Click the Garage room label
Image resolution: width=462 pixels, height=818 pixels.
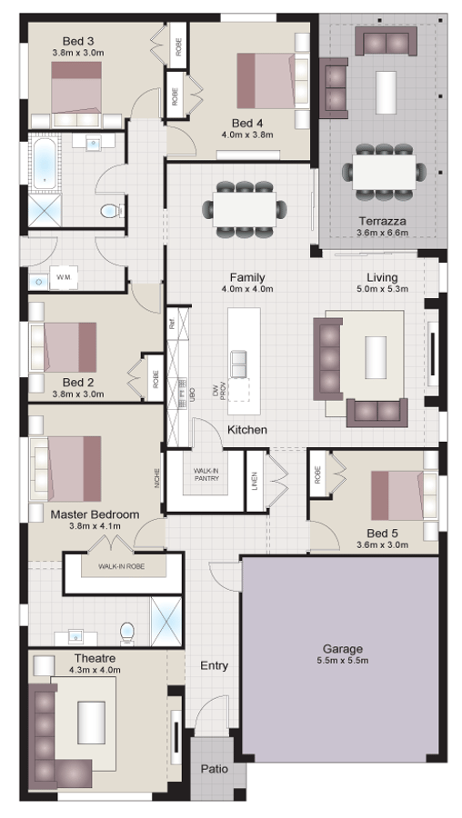coord(343,649)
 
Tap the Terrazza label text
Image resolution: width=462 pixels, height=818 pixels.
coord(381,221)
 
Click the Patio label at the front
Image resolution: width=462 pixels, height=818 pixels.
coord(214,769)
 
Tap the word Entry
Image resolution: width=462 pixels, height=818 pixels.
coord(214,666)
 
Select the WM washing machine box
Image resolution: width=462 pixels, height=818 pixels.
coord(63,275)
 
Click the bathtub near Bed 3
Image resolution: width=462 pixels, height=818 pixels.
coord(43,164)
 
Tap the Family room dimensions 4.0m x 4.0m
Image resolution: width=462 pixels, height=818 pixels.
coord(247,289)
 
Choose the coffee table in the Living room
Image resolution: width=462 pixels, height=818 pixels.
coord(377,357)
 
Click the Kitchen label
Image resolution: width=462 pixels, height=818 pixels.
coord(246,429)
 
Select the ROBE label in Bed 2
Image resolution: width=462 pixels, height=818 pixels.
coord(156,378)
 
